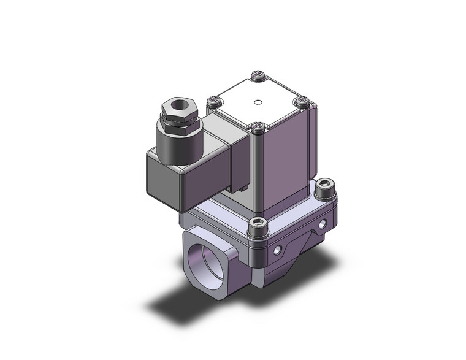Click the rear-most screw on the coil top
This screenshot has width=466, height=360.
[x=258, y=77]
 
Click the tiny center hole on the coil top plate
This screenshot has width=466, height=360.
[x=258, y=102]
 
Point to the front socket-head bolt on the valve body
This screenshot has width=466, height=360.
[x=257, y=225]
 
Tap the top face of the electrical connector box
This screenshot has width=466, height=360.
[x=208, y=138]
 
